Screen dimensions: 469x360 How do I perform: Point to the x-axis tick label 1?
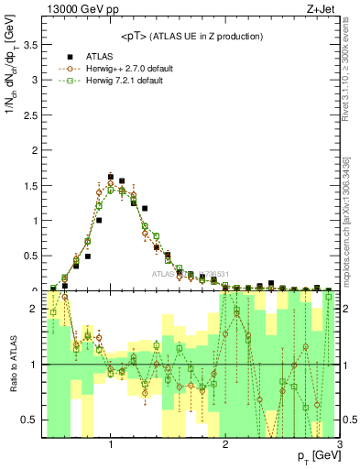click(x=111, y=445)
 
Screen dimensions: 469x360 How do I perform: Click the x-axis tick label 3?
click(x=339, y=445)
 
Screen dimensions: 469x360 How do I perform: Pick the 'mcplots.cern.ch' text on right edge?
click(x=353, y=247)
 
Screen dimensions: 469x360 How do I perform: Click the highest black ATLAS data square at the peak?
click(x=111, y=176)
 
